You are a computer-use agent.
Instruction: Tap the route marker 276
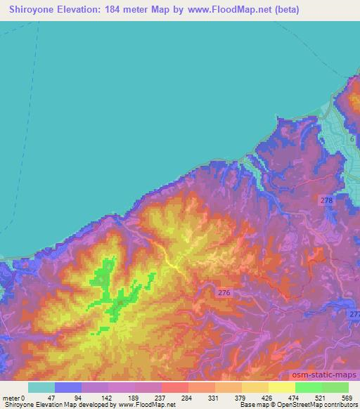223,292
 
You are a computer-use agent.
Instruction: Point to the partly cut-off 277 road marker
354,315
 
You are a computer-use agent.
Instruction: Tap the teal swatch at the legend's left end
41,387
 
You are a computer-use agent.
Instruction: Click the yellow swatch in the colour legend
282,387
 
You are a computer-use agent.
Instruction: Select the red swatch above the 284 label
174,387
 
